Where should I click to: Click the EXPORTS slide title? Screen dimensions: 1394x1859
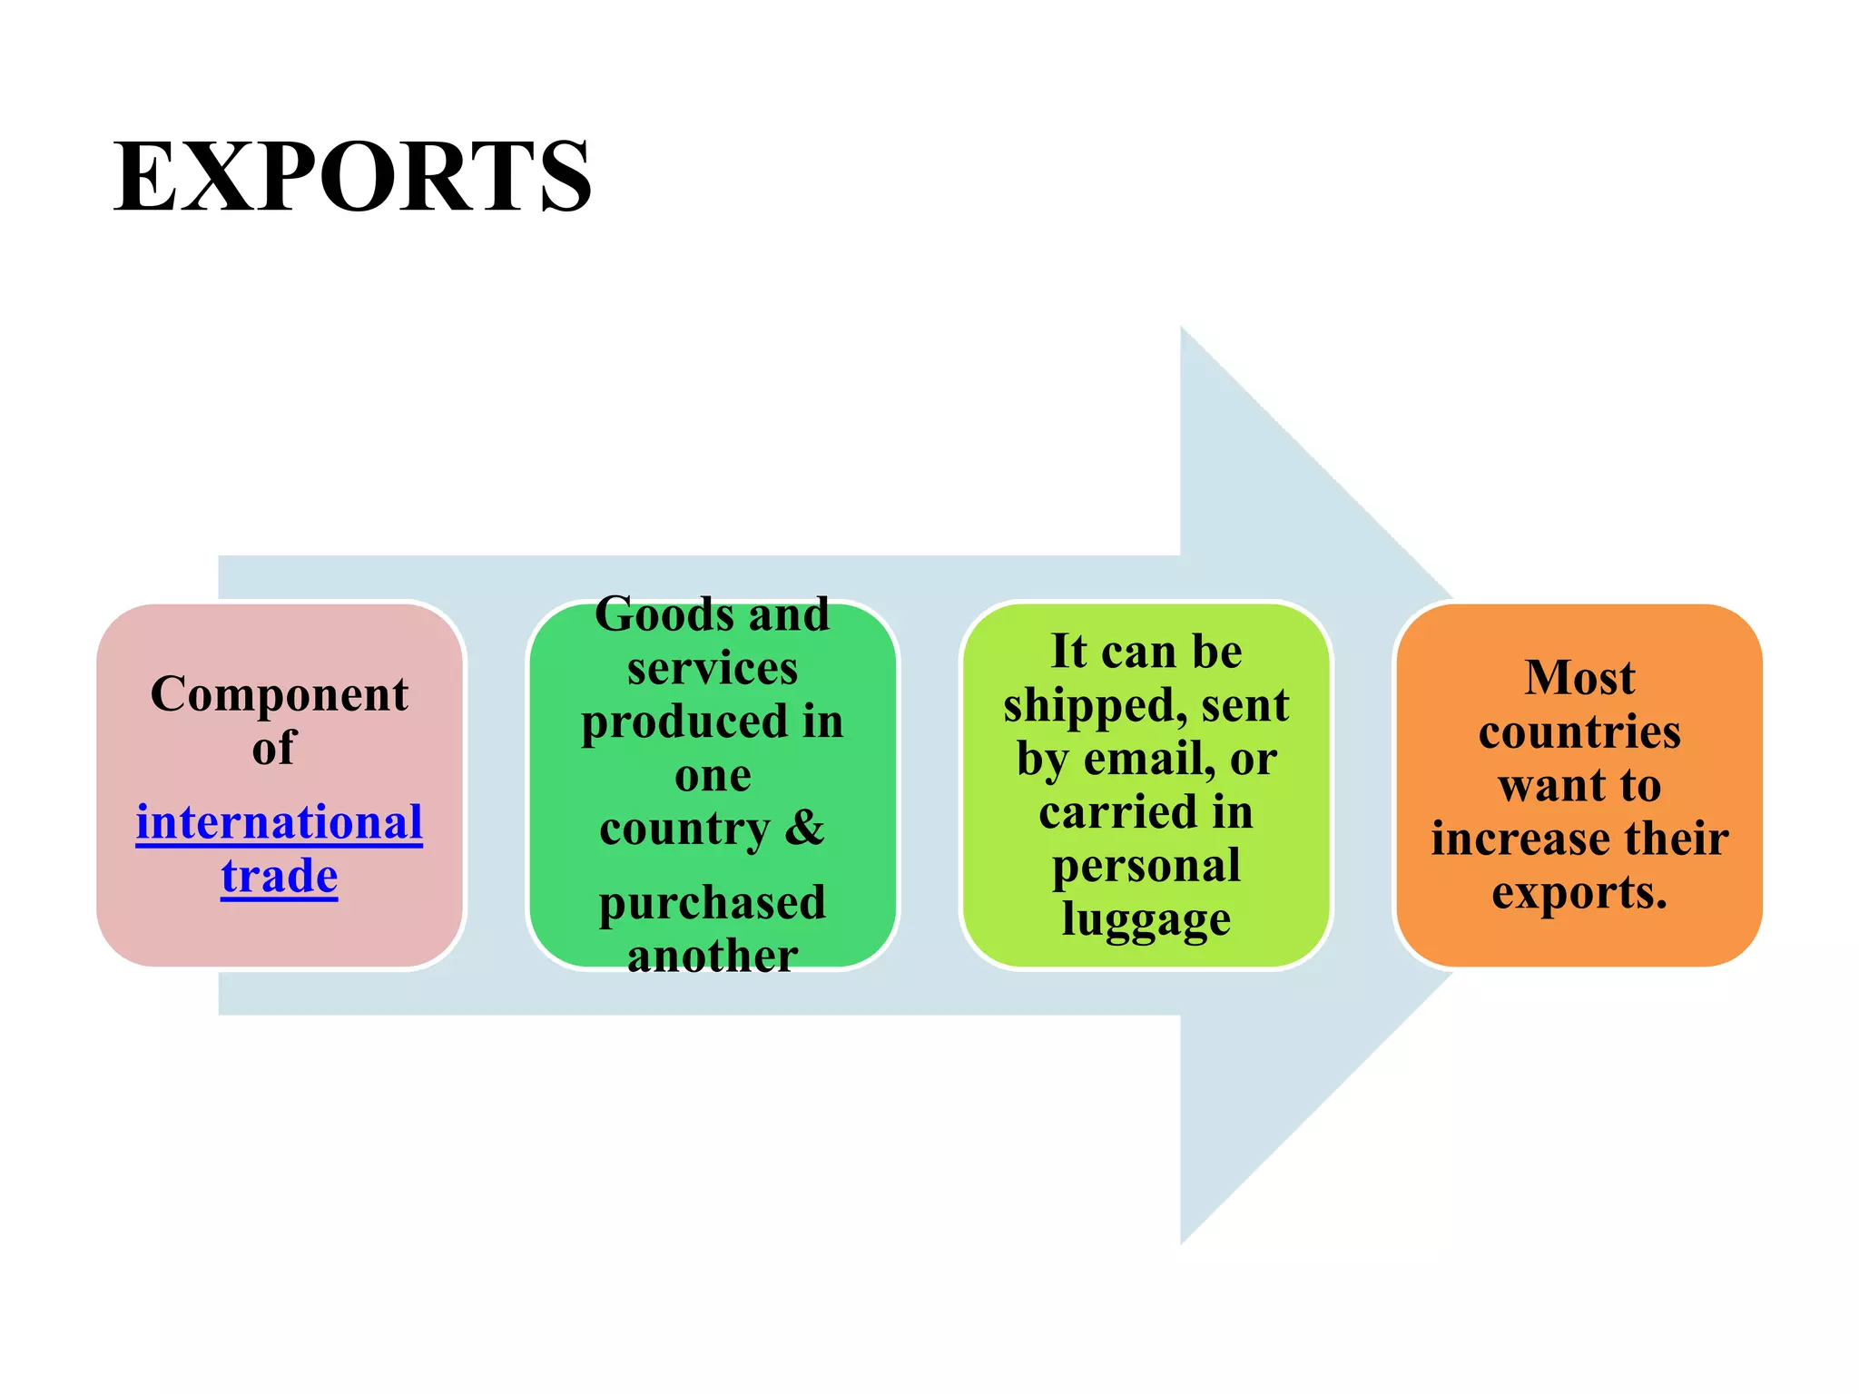click(x=352, y=176)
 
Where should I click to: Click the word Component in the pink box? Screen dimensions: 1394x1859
click(x=280, y=695)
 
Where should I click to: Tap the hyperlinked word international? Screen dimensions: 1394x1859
click(x=280, y=823)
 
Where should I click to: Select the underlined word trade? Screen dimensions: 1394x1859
click(x=280, y=877)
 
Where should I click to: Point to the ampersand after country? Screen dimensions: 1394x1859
click(x=804, y=827)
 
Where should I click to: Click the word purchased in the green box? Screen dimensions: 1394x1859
click(x=713, y=904)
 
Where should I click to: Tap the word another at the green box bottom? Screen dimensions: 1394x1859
click(x=713, y=956)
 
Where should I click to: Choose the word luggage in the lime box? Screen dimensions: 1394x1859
click(x=1146, y=919)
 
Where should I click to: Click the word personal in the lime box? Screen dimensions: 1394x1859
click(x=1146, y=866)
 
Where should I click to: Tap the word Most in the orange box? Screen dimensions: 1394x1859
click(x=1579, y=678)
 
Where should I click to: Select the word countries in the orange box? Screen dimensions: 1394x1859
click(x=1579, y=731)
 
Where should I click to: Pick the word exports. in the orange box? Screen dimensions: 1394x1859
click(x=1579, y=893)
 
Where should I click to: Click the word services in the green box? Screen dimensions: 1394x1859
click(x=713, y=669)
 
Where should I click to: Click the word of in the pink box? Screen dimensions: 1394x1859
click(x=274, y=749)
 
